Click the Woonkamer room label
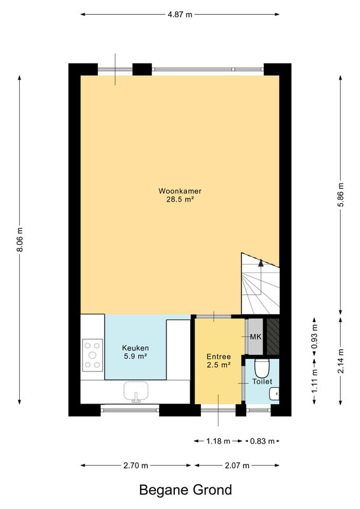(x=180, y=191)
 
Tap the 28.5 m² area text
(x=180, y=199)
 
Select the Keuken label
(x=135, y=348)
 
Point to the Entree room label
(x=219, y=357)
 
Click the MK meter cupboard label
(x=256, y=337)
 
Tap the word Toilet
(x=262, y=382)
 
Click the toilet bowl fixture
(x=262, y=368)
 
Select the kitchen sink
(x=136, y=391)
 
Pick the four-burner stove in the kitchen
(x=92, y=355)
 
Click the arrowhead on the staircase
(x=261, y=263)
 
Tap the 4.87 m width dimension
(x=180, y=14)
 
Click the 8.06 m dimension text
(x=20, y=240)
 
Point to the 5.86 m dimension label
(x=340, y=195)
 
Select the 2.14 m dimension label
(x=340, y=361)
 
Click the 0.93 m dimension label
(x=315, y=337)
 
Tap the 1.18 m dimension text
(x=218, y=441)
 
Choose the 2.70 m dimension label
(x=135, y=466)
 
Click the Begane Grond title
(x=186, y=490)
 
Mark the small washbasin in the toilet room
(x=274, y=394)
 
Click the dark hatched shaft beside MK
(x=273, y=337)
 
